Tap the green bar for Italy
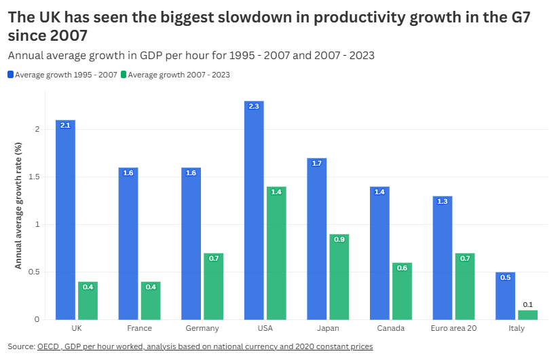pyautogui.click(x=527, y=314)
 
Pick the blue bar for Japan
pyautogui.click(x=317, y=238)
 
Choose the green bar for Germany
pyautogui.click(x=213, y=286)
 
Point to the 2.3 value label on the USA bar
pyautogui.click(x=255, y=106)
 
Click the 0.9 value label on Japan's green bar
pyautogui.click(x=339, y=239)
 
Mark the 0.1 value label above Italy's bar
pyautogui.click(x=527, y=304)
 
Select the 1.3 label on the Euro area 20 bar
pyautogui.click(x=443, y=201)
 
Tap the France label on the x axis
pyautogui.click(x=139, y=329)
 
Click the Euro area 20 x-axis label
pyautogui.click(x=453, y=329)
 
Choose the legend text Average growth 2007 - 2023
pyautogui.click(x=179, y=75)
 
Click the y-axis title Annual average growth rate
pyautogui.click(x=19, y=205)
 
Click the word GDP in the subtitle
pyautogui.click(x=154, y=55)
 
